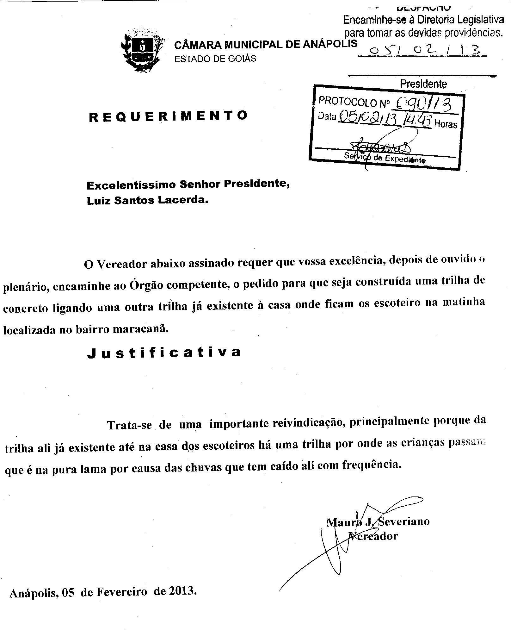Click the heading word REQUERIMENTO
pos(168,116)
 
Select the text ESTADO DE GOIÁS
pos(215,59)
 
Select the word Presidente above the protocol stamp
pos(423,84)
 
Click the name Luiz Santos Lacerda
pos(148,200)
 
